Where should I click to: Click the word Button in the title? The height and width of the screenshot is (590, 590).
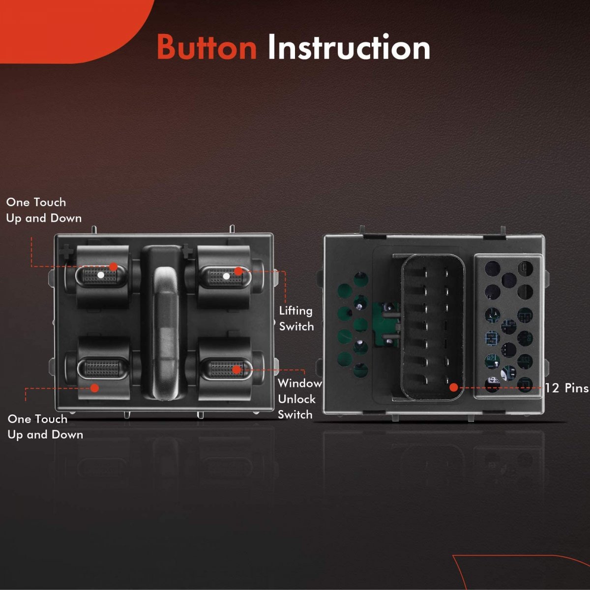(206, 47)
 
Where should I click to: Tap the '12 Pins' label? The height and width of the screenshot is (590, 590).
(567, 388)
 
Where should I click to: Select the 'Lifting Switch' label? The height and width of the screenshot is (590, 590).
(296, 319)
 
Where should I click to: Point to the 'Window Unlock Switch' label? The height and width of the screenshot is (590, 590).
(299, 399)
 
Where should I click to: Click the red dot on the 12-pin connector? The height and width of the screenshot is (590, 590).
(454, 387)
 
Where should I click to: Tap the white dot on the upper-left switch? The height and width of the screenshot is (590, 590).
(100, 275)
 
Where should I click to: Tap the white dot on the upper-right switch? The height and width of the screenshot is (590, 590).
(226, 276)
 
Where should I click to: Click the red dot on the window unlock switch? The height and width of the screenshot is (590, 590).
(236, 370)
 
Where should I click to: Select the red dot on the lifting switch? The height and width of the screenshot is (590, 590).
(238, 271)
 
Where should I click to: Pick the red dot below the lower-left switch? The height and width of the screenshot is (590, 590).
(95, 388)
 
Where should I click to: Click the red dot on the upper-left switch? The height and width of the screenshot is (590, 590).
(113, 266)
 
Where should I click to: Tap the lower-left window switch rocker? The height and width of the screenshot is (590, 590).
(103, 368)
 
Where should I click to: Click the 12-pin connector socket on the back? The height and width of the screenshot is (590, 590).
(432, 327)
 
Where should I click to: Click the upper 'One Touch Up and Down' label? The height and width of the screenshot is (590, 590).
(44, 210)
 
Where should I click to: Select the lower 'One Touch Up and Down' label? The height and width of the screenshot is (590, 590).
(45, 427)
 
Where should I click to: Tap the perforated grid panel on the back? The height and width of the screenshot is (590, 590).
(508, 326)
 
